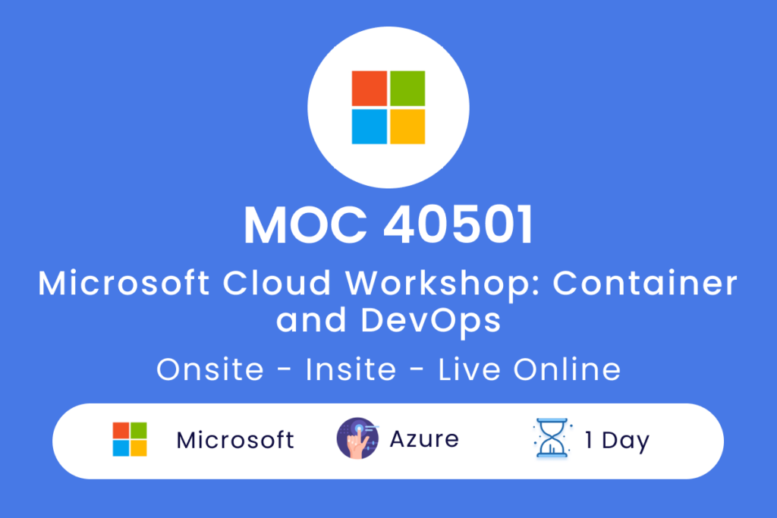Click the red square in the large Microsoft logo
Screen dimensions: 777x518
point(370,88)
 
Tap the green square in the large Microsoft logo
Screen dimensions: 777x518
point(407,88)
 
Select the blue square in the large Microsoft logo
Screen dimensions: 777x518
point(370,127)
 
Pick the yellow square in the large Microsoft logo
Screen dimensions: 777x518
point(407,127)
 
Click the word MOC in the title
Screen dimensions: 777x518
point(305,224)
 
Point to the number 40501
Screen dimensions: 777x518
point(458,224)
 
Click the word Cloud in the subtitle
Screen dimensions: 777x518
point(276,283)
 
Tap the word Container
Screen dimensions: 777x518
point(645,283)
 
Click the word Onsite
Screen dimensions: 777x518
point(210,369)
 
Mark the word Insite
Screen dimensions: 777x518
point(351,369)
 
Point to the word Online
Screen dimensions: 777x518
point(567,369)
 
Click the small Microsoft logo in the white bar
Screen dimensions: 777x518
point(130,439)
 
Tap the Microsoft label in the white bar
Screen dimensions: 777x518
point(235,440)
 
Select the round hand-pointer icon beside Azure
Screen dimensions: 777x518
point(357,438)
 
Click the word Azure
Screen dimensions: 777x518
point(424,439)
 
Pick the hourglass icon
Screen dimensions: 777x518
point(552,438)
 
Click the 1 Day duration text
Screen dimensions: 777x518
point(617,441)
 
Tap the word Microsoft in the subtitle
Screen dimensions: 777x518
point(124,283)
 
